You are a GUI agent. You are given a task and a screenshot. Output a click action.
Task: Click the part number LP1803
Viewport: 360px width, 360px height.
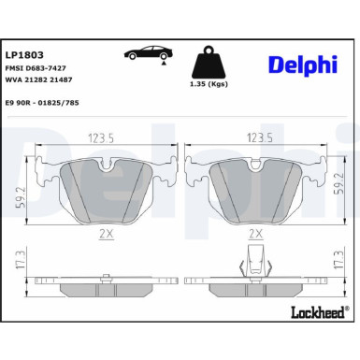[x=24, y=55]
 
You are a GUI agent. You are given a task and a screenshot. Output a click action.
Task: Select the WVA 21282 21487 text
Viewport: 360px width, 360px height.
[x=41, y=81]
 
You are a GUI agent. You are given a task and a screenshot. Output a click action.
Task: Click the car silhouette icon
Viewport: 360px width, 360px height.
[x=147, y=53]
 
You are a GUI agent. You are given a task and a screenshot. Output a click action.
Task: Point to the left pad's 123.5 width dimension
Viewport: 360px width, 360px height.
[x=101, y=137]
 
